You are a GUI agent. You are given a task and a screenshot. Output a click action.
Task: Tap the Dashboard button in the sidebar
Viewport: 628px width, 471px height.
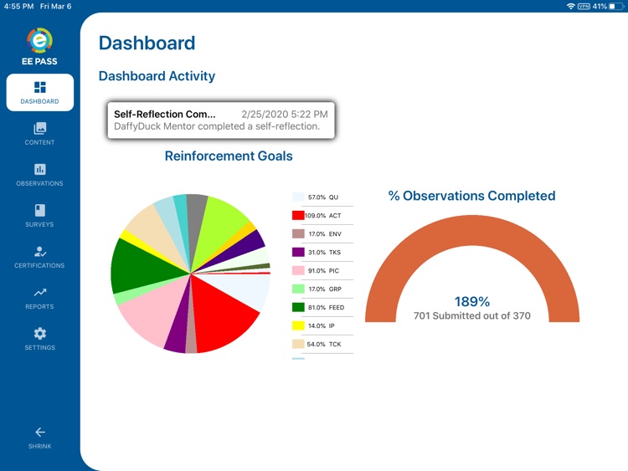pos(39,92)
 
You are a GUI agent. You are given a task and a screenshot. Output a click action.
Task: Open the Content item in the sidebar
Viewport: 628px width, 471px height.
pos(39,133)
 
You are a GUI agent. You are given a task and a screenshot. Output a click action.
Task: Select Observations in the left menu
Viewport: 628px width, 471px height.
pos(39,174)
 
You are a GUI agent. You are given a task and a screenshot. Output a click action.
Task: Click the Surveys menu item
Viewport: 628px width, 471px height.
pos(39,215)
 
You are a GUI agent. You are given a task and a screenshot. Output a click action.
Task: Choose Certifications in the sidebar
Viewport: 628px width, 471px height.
pos(39,256)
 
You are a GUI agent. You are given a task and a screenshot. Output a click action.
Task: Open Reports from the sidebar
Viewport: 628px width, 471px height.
pos(39,297)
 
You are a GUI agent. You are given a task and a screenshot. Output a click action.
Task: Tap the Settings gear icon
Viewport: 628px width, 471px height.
pos(39,333)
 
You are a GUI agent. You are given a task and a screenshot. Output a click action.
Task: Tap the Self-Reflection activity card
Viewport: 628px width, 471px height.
pos(221,120)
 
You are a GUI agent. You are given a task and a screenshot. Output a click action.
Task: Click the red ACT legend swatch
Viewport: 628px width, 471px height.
pos(298,216)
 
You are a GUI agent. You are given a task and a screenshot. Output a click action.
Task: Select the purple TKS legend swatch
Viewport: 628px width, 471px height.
pos(298,252)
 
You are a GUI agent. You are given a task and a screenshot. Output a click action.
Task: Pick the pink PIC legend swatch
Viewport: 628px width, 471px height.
pos(298,270)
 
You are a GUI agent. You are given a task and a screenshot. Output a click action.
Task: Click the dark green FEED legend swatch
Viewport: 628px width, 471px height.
pos(298,307)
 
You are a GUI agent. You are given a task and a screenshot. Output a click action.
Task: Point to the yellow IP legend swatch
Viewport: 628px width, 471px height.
pos(298,325)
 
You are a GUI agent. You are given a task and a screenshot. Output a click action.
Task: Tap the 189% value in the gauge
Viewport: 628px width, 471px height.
pos(471,301)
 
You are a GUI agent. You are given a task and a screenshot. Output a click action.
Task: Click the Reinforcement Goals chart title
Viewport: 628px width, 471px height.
pos(229,156)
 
